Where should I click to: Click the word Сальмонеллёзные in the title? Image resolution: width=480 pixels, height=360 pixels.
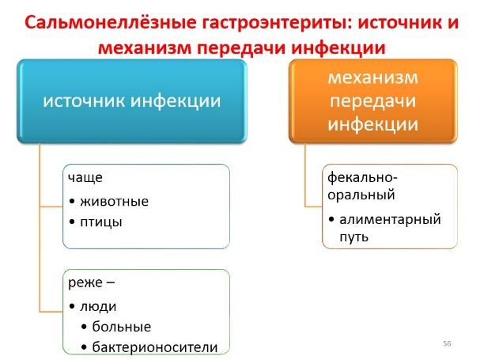[110, 23]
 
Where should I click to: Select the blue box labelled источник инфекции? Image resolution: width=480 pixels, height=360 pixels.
[132, 101]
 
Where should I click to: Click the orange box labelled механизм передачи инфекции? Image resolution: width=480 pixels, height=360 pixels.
[373, 101]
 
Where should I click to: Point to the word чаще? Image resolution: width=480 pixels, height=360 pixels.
[85, 178]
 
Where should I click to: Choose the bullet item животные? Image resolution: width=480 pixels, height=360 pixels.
[114, 201]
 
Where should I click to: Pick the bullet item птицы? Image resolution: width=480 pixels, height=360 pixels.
[101, 222]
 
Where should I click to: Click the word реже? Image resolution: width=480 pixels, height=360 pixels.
[85, 282]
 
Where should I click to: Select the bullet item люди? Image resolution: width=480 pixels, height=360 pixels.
[98, 306]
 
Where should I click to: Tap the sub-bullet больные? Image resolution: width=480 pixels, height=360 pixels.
[122, 327]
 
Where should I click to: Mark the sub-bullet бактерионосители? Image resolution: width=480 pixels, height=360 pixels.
[155, 347]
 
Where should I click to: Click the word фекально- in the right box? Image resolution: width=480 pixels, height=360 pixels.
[362, 177]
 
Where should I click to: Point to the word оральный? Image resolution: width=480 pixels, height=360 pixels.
[361, 195]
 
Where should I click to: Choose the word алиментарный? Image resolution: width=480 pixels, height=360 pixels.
[391, 219]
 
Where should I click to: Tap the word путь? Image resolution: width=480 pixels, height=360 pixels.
[353, 237]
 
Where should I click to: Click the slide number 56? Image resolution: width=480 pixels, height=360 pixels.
[447, 343]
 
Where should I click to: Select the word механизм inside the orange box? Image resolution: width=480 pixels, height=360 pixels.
[373, 78]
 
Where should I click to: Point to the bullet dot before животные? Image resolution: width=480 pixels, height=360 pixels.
[72, 202]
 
